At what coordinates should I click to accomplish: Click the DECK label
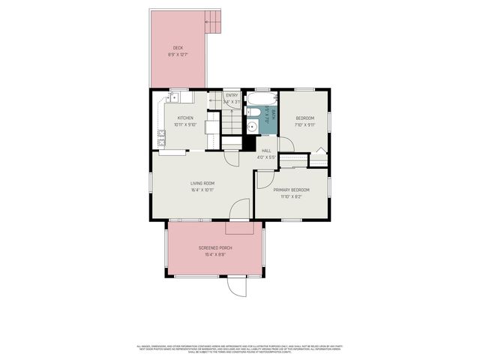[178, 47]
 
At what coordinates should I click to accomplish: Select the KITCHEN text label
[185, 118]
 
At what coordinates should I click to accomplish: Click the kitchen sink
[178, 97]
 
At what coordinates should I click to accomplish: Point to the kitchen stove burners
[161, 137]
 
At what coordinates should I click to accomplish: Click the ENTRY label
[232, 95]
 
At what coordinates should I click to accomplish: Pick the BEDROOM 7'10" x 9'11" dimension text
[304, 125]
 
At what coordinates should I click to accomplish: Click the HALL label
[266, 150]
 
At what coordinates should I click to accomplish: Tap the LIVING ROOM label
[202, 183]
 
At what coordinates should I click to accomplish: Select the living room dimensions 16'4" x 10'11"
[202, 190]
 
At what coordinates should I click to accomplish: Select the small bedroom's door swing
[286, 145]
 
